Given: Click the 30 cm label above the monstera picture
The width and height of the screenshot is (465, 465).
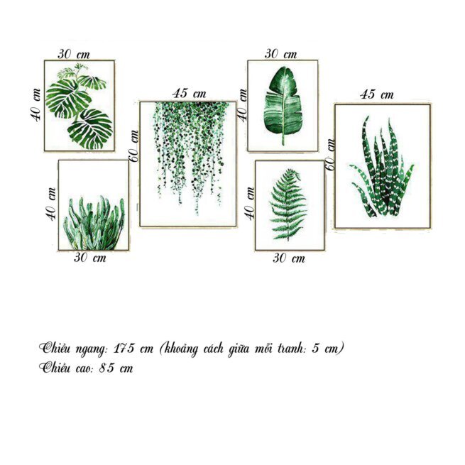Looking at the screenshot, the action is click(x=74, y=54).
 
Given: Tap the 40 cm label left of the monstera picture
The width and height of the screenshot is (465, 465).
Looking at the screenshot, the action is click(x=36, y=105).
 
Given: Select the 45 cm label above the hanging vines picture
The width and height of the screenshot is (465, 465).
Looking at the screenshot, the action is click(x=190, y=94).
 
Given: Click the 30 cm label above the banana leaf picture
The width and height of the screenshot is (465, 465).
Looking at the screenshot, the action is click(x=280, y=54).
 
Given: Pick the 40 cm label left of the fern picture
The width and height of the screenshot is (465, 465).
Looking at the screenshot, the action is click(x=250, y=204).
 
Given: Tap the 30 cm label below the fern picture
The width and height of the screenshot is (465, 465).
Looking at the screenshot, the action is click(x=289, y=258).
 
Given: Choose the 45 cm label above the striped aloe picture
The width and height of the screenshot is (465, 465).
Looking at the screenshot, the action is click(x=377, y=94).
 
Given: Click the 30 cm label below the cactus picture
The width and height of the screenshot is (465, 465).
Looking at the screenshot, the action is click(x=90, y=258).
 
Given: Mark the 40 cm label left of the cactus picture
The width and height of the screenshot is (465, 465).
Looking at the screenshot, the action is click(x=51, y=204).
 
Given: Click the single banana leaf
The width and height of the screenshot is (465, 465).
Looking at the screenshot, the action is click(x=283, y=106).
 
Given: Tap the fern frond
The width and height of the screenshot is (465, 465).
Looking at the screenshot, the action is click(x=288, y=204).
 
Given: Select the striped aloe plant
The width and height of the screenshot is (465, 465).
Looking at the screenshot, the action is click(x=382, y=167).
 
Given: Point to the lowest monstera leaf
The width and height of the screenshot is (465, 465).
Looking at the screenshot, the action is click(x=90, y=129).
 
